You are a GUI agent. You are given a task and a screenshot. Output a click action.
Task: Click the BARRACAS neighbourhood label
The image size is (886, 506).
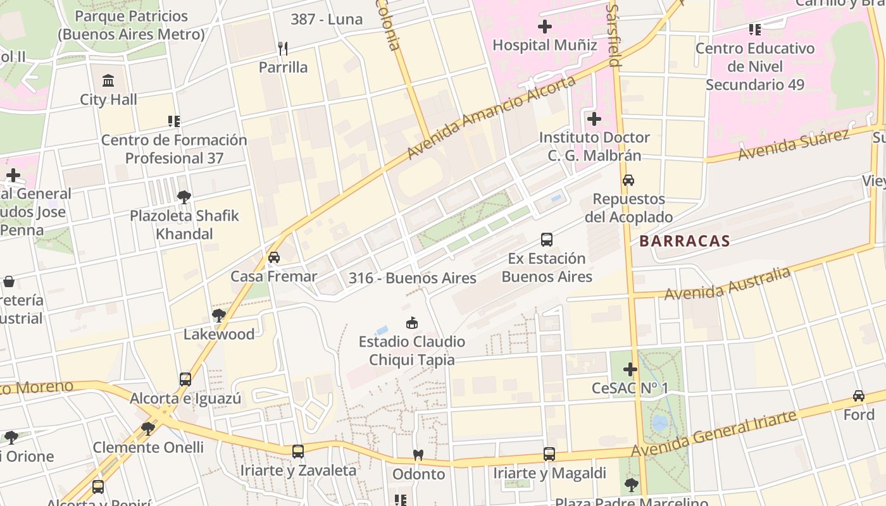(684, 241)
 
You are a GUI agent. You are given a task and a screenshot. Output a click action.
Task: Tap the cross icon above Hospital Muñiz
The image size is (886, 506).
(544, 27)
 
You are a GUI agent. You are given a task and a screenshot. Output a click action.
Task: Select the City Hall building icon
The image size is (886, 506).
(108, 81)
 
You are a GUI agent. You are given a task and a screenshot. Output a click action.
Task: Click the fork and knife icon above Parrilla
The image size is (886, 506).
(283, 48)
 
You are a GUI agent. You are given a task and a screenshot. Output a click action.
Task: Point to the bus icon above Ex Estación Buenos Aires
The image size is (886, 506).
(547, 240)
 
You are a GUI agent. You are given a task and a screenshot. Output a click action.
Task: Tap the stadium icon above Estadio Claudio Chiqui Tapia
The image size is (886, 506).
(412, 323)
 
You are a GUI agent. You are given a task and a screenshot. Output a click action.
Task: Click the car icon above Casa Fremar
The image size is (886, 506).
(273, 257)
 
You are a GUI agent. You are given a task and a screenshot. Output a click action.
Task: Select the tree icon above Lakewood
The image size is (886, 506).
(219, 315)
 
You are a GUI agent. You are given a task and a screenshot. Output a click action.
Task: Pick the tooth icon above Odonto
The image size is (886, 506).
(418, 455)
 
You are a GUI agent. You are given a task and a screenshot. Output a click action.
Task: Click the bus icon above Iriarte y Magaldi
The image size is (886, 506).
(549, 454)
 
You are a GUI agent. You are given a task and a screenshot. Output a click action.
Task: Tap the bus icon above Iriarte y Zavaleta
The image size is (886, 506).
(298, 452)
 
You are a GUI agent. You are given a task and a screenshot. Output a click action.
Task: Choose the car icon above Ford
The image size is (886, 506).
(858, 396)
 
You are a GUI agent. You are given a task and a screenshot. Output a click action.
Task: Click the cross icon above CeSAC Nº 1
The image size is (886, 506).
(630, 369)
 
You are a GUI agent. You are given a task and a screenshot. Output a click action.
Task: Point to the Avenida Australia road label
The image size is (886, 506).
(727, 283)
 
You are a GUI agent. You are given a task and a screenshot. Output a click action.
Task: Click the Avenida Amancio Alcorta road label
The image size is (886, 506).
(491, 118)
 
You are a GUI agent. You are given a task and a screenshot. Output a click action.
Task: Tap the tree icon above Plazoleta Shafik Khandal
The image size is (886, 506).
(184, 197)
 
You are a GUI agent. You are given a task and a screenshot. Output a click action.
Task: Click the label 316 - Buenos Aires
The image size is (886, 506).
(412, 278)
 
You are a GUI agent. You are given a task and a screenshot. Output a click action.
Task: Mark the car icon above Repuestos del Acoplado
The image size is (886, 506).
(628, 180)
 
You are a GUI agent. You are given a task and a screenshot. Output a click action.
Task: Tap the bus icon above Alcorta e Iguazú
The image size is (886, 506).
(185, 379)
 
